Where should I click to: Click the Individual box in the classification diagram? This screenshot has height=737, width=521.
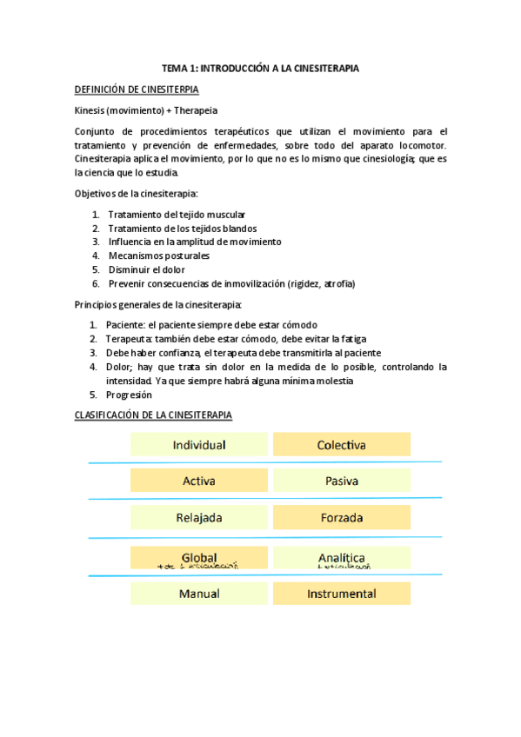point(199,445)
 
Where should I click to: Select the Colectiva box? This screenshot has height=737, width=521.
point(341,445)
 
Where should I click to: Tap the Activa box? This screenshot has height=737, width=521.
point(199,481)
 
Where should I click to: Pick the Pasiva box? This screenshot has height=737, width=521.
point(341,481)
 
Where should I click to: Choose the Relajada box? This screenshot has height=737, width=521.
point(199,518)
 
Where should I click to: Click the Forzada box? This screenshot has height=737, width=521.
point(341,518)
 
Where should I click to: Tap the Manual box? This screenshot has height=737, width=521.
point(199,594)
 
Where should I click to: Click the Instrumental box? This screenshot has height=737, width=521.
point(341,594)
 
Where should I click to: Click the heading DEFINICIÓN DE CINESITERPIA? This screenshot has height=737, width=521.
point(137,90)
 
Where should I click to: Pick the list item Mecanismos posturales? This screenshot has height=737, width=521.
point(158,256)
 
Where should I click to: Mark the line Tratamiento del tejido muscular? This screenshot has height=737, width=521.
point(177,214)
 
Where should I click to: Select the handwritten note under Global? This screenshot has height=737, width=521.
point(198,566)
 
